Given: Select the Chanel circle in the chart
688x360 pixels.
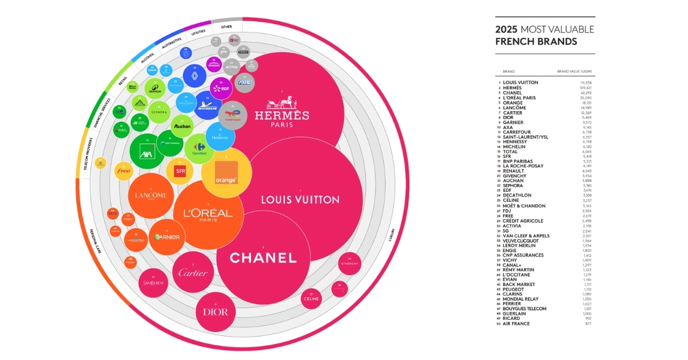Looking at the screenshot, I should coord(263,258).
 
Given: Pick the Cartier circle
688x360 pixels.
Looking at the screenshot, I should coord(193,272).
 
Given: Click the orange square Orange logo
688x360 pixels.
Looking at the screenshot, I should coord(226,173).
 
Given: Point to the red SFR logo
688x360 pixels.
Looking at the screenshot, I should coord(179,171).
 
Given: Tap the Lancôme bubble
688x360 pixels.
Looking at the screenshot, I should coord(151,195).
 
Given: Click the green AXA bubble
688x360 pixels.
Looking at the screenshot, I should coord(148,154).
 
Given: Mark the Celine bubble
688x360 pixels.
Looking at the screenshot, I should coord(311,298).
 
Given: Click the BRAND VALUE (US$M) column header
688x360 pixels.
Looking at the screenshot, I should coord(574,72).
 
